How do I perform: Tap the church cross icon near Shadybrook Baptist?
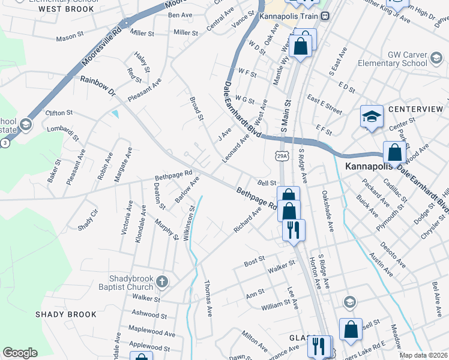click(x=161, y=281)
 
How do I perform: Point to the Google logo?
click(x=20, y=353)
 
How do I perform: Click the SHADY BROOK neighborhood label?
click(x=65, y=314)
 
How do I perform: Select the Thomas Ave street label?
click(x=208, y=298)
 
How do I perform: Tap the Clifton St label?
click(x=59, y=112)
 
